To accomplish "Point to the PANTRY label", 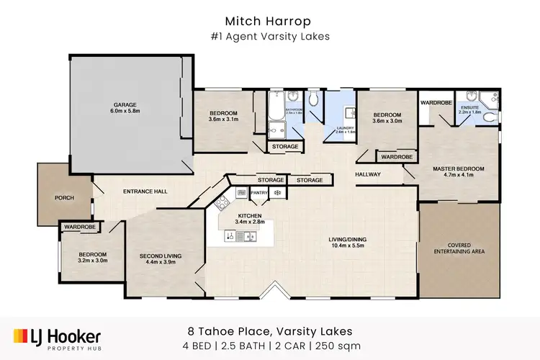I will (260, 193).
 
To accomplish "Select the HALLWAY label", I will (367, 174).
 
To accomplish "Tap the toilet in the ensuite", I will (490, 116).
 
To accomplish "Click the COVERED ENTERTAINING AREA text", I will (459, 247).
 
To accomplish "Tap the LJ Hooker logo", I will (58, 337).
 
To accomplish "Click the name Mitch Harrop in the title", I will (270, 21).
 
